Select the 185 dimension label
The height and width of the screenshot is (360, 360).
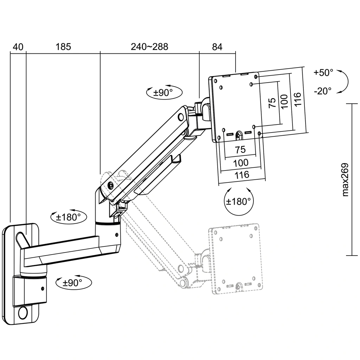(63, 46)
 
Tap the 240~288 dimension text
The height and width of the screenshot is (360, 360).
(149, 46)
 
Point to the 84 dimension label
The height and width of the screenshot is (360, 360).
(217, 46)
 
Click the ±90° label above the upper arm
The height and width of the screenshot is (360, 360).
(163, 93)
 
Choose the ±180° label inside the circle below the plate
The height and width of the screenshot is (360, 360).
(239, 202)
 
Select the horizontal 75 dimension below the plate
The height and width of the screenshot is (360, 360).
(240, 149)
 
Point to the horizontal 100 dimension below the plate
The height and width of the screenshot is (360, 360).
(240, 162)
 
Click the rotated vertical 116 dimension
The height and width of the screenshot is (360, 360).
(297, 100)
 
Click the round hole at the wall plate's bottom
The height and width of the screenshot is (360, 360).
(24, 313)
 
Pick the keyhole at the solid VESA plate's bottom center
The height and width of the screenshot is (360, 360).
(239, 135)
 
